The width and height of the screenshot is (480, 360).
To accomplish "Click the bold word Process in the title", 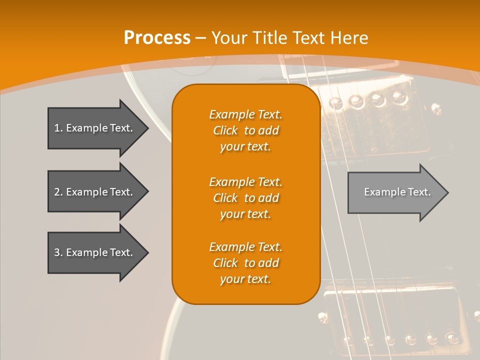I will [157, 38].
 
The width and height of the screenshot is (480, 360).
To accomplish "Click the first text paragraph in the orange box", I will [245, 130].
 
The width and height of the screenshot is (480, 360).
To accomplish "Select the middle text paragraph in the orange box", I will [245, 198].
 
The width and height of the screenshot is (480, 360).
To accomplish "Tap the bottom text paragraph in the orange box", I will [245, 263].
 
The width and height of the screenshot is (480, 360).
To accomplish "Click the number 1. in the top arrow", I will [58, 128].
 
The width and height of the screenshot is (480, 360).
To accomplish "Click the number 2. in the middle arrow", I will [58, 192].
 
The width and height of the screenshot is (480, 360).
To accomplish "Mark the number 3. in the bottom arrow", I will [58, 252].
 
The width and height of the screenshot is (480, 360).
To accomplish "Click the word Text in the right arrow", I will [419, 192].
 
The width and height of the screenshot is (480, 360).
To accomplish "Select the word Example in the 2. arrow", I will [86, 192].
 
